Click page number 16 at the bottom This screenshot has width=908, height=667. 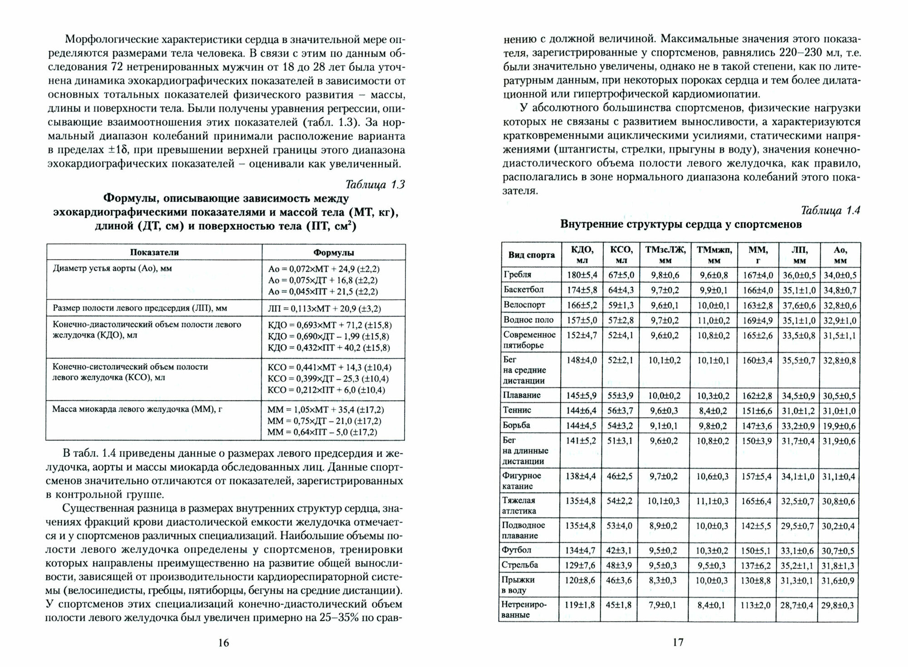tap(224, 642)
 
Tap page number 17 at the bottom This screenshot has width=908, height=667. tap(678, 642)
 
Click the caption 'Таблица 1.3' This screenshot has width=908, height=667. tap(375, 185)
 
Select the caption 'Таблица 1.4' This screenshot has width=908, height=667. tap(830, 211)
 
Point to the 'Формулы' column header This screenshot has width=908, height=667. tap(333, 252)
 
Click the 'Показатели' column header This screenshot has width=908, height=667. tap(154, 252)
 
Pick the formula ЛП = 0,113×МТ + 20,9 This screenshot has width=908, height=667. tap(324, 309)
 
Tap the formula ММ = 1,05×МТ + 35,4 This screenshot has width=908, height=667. tap(326, 410)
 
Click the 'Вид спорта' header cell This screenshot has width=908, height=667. tap(531, 255)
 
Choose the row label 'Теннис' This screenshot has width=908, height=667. tap(517, 410)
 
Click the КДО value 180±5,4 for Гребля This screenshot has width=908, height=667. tap(582, 275)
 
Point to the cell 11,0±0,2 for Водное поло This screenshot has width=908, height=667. tap(713, 320)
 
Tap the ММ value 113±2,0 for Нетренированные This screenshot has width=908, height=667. tap(757, 605)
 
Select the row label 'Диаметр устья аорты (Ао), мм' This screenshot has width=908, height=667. tap(113, 269)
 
